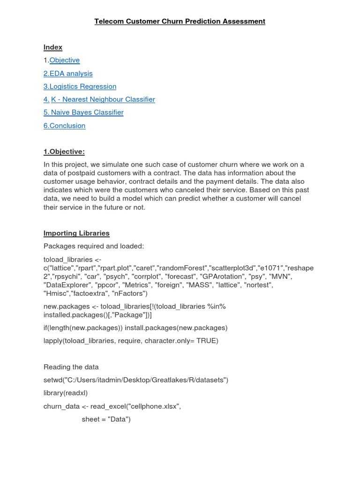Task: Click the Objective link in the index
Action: (65, 60)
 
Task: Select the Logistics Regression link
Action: (80, 86)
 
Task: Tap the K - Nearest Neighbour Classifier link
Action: (103, 99)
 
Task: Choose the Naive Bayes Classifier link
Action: (83, 112)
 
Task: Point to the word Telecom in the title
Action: (108, 21)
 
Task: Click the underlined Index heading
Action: (53, 47)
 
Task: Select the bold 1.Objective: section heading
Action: (64, 151)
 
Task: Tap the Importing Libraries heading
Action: (76, 233)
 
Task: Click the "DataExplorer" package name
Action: (67, 285)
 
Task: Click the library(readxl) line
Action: (66, 393)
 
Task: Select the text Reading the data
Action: (71, 367)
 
